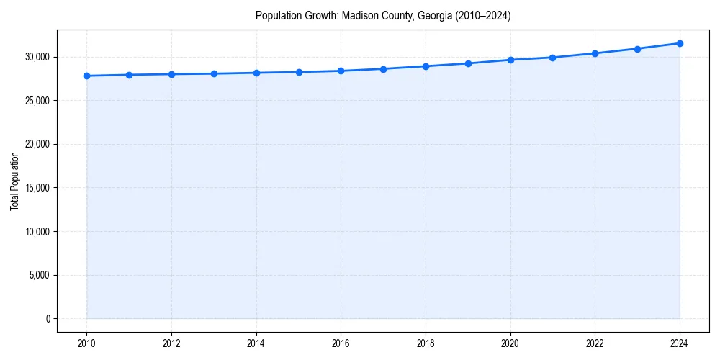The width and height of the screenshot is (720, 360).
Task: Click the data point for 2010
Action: tap(86, 76)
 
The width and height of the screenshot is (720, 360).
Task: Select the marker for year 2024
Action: tap(680, 43)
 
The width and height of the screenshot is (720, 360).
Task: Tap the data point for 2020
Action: tap(510, 60)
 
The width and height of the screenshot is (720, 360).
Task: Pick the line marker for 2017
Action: tap(383, 69)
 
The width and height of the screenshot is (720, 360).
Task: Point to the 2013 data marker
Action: tap(214, 73)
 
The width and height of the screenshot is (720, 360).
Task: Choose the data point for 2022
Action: tap(595, 53)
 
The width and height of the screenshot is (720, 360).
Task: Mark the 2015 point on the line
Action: tap(299, 72)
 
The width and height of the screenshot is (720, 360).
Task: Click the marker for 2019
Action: tap(468, 63)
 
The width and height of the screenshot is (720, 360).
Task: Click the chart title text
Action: tap(383, 16)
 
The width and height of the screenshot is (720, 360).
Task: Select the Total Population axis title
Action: tap(14, 181)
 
